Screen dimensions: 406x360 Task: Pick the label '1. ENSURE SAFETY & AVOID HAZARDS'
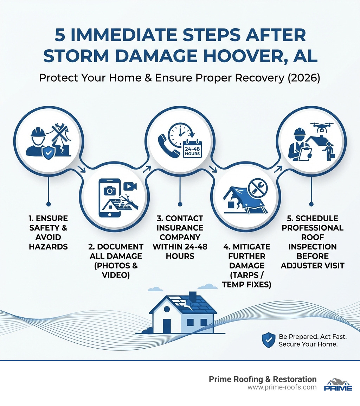tap(48, 232)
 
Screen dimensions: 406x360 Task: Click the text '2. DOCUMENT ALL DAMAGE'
tap(116, 256)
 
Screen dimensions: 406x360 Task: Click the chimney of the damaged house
tap(192, 296)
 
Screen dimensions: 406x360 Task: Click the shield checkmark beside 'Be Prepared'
tap(268, 340)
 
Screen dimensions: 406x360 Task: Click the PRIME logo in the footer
tap(338, 385)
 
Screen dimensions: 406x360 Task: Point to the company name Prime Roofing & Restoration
tap(263, 379)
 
